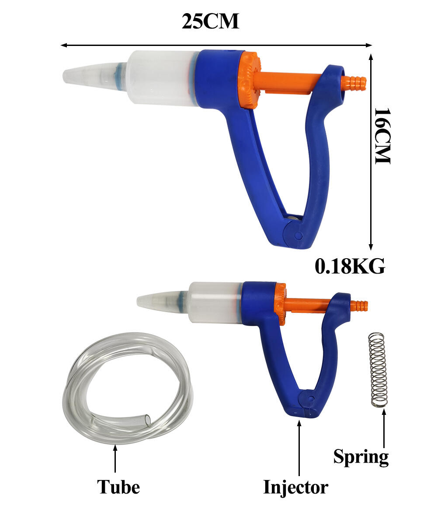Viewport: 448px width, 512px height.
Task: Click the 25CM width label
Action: coord(210,21)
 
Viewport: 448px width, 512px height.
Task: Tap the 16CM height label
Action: coord(382,136)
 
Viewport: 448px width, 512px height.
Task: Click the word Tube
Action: coord(118,487)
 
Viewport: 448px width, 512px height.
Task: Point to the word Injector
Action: coord(295,487)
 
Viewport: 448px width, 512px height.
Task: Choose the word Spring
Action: coord(361,457)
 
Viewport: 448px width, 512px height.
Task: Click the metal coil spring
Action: coord(378,370)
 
